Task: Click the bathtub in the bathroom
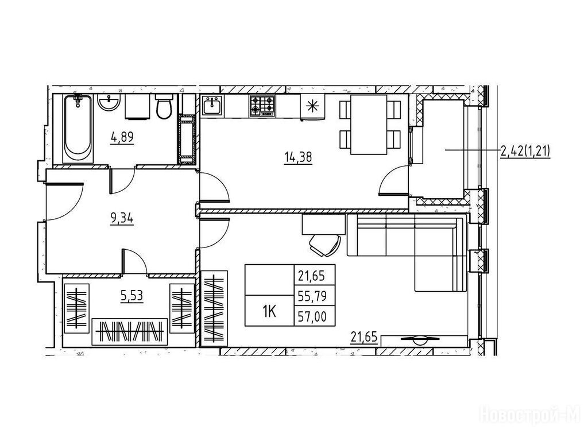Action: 78,129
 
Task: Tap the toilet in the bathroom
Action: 164,106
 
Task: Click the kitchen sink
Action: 212,106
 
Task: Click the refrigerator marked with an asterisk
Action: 312,107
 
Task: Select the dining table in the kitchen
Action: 369,124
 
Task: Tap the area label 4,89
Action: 122,138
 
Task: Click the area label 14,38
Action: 298,157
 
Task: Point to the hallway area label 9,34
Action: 122,218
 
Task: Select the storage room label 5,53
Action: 131,296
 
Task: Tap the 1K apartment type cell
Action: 269,311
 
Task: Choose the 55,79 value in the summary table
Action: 312,297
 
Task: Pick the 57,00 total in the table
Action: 312,317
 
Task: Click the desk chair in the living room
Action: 325,245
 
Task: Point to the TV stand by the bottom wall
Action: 424,341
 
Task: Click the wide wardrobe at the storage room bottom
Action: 130,332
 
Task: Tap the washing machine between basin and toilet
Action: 137,106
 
